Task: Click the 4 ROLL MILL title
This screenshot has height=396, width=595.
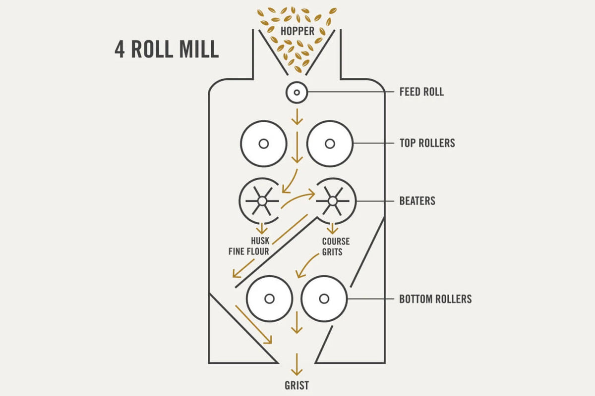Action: point(167,50)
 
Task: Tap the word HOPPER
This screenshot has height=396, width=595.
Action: point(297,31)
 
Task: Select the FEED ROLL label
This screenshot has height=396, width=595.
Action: point(421,92)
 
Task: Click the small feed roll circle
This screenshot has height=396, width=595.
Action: point(297,93)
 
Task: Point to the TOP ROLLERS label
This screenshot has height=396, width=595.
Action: point(427,144)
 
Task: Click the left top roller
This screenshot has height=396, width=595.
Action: point(263,144)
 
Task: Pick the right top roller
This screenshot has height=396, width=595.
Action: point(330,144)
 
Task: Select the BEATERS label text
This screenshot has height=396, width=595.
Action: point(417,201)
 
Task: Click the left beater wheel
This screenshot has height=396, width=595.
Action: point(262,200)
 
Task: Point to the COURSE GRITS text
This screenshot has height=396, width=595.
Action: point(336,247)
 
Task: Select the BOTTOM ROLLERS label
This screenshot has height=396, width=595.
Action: point(435,299)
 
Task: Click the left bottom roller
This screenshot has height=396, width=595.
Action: point(270,298)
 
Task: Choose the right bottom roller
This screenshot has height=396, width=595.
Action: point(324,298)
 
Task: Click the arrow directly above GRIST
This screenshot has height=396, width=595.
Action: point(297,365)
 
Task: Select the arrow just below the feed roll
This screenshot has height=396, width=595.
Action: point(297,117)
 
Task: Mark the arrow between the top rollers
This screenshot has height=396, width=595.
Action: point(297,147)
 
